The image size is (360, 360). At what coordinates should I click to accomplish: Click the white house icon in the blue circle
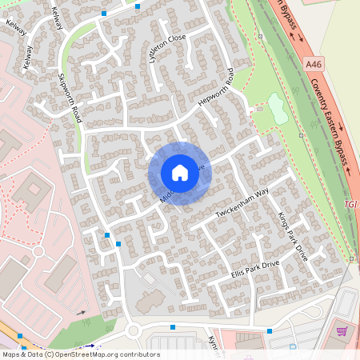(x=180, y=173)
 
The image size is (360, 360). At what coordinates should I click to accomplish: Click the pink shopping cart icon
(x=342, y=330)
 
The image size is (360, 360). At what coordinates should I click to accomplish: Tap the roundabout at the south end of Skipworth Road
(x=133, y=330)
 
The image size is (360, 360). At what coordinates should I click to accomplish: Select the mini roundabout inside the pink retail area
(x=38, y=251)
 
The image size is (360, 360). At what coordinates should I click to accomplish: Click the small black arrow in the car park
(x=81, y=313)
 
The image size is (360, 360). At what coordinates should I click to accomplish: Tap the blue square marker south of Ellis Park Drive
(x=173, y=326)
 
